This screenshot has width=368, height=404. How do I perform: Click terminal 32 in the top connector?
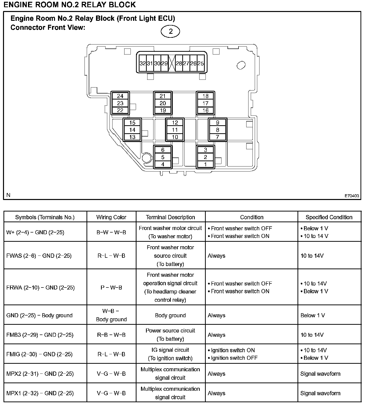[x=142, y=63]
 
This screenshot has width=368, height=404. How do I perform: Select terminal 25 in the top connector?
[x=201, y=63]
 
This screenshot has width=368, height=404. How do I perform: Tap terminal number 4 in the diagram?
[x=163, y=164]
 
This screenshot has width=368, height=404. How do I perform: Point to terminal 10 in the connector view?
[x=175, y=137]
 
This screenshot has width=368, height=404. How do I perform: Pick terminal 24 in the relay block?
[x=120, y=96]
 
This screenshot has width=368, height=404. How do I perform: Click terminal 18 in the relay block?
[x=205, y=96]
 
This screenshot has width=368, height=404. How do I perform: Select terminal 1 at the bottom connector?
[x=205, y=164]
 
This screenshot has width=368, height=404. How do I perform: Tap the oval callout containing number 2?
[x=171, y=31]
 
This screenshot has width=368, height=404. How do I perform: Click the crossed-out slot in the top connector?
[x=171, y=63]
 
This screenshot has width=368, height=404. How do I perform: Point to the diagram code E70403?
[x=352, y=196]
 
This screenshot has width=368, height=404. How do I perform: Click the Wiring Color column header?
[x=111, y=217]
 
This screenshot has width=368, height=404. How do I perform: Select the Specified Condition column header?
[x=329, y=217]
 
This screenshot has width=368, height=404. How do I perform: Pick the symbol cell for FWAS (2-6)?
[x=39, y=256]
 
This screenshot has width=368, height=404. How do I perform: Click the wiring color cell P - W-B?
[x=111, y=287]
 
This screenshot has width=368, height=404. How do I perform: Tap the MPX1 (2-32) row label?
[x=40, y=393]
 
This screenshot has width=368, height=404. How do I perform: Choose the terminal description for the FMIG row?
[x=170, y=354]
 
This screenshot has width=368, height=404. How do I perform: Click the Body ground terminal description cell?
[x=170, y=315]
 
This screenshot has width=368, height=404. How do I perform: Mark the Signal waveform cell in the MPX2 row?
[x=320, y=374]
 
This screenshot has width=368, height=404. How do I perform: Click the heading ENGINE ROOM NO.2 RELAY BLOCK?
[x=70, y=4]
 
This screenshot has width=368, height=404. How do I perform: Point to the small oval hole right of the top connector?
[x=241, y=65]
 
